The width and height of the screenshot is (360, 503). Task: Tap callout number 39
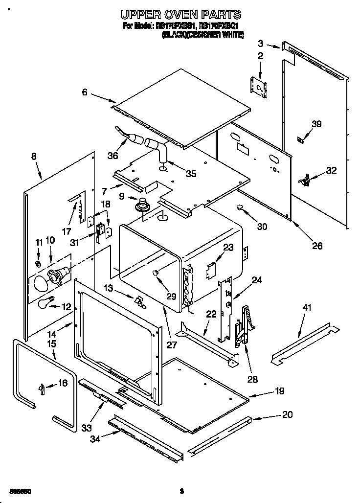316,124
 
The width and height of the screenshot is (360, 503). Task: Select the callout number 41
307,308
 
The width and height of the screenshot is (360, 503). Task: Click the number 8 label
34,157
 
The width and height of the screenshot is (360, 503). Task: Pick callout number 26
317,246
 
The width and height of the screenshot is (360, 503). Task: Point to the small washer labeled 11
38,264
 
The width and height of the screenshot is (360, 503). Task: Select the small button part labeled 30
240,208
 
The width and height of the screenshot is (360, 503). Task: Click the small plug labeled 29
156,273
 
